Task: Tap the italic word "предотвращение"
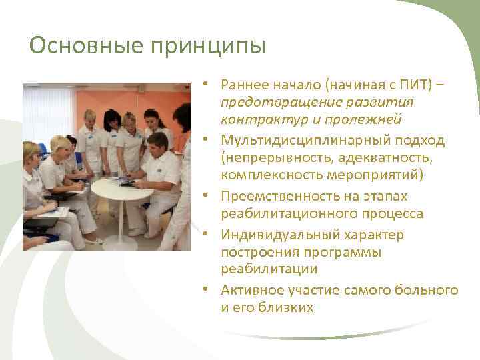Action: (x=281, y=102)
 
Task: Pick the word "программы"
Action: (x=321, y=252)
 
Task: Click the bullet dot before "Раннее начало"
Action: (x=208, y=85)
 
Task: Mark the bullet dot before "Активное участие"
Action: (x=208, y=291)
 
